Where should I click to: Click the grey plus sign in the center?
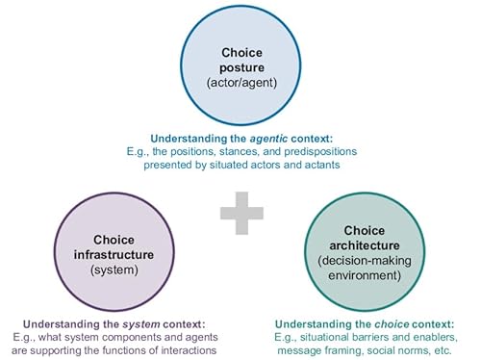pos(240,213)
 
